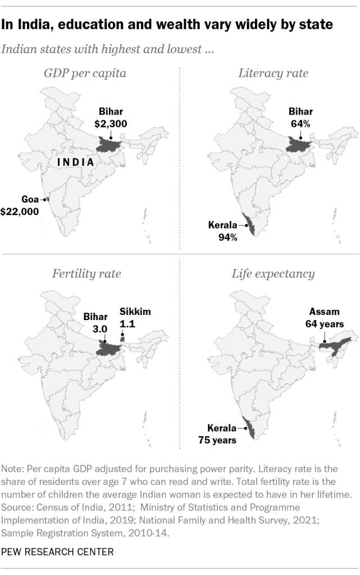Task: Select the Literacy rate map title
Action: click(273, 74)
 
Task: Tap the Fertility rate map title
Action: click(86, 274)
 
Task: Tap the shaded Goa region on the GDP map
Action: click(47, 199)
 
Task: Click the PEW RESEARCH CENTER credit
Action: click(58, 552)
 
